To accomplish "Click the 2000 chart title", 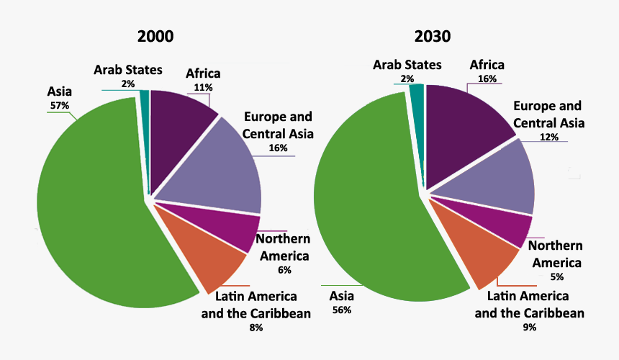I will [156, 37].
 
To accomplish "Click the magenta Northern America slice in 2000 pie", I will [223, 227].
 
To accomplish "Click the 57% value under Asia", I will [59, 105].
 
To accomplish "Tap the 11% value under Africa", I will [202, 87].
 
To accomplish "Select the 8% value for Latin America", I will [256, 328].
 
